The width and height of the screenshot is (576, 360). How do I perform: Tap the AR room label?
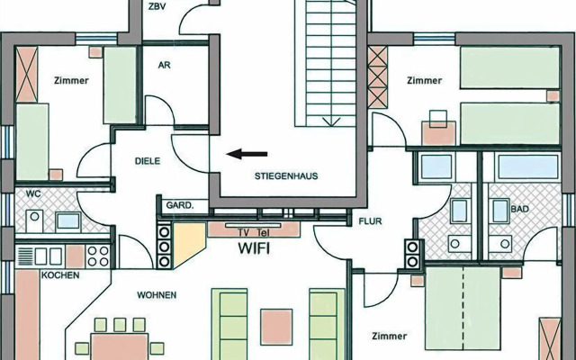(164, 66)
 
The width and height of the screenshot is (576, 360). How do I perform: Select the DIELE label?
(147, 163)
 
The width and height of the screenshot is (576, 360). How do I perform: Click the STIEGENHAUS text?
(286, 175)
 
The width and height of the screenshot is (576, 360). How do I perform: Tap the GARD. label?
(180, 205)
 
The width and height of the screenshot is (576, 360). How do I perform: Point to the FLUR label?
(372, 220)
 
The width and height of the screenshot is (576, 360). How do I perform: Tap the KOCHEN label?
(59, 274)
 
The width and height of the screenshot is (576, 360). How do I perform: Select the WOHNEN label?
(157, 295)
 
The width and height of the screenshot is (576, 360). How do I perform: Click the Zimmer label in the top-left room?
(70, 80)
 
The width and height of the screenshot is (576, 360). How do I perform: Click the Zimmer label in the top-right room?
(424, 80)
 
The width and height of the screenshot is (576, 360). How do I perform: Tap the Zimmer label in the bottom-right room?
(389, 337)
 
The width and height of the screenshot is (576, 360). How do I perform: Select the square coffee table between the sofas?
(275, 322)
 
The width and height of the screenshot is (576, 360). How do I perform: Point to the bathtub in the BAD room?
(526, 166)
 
